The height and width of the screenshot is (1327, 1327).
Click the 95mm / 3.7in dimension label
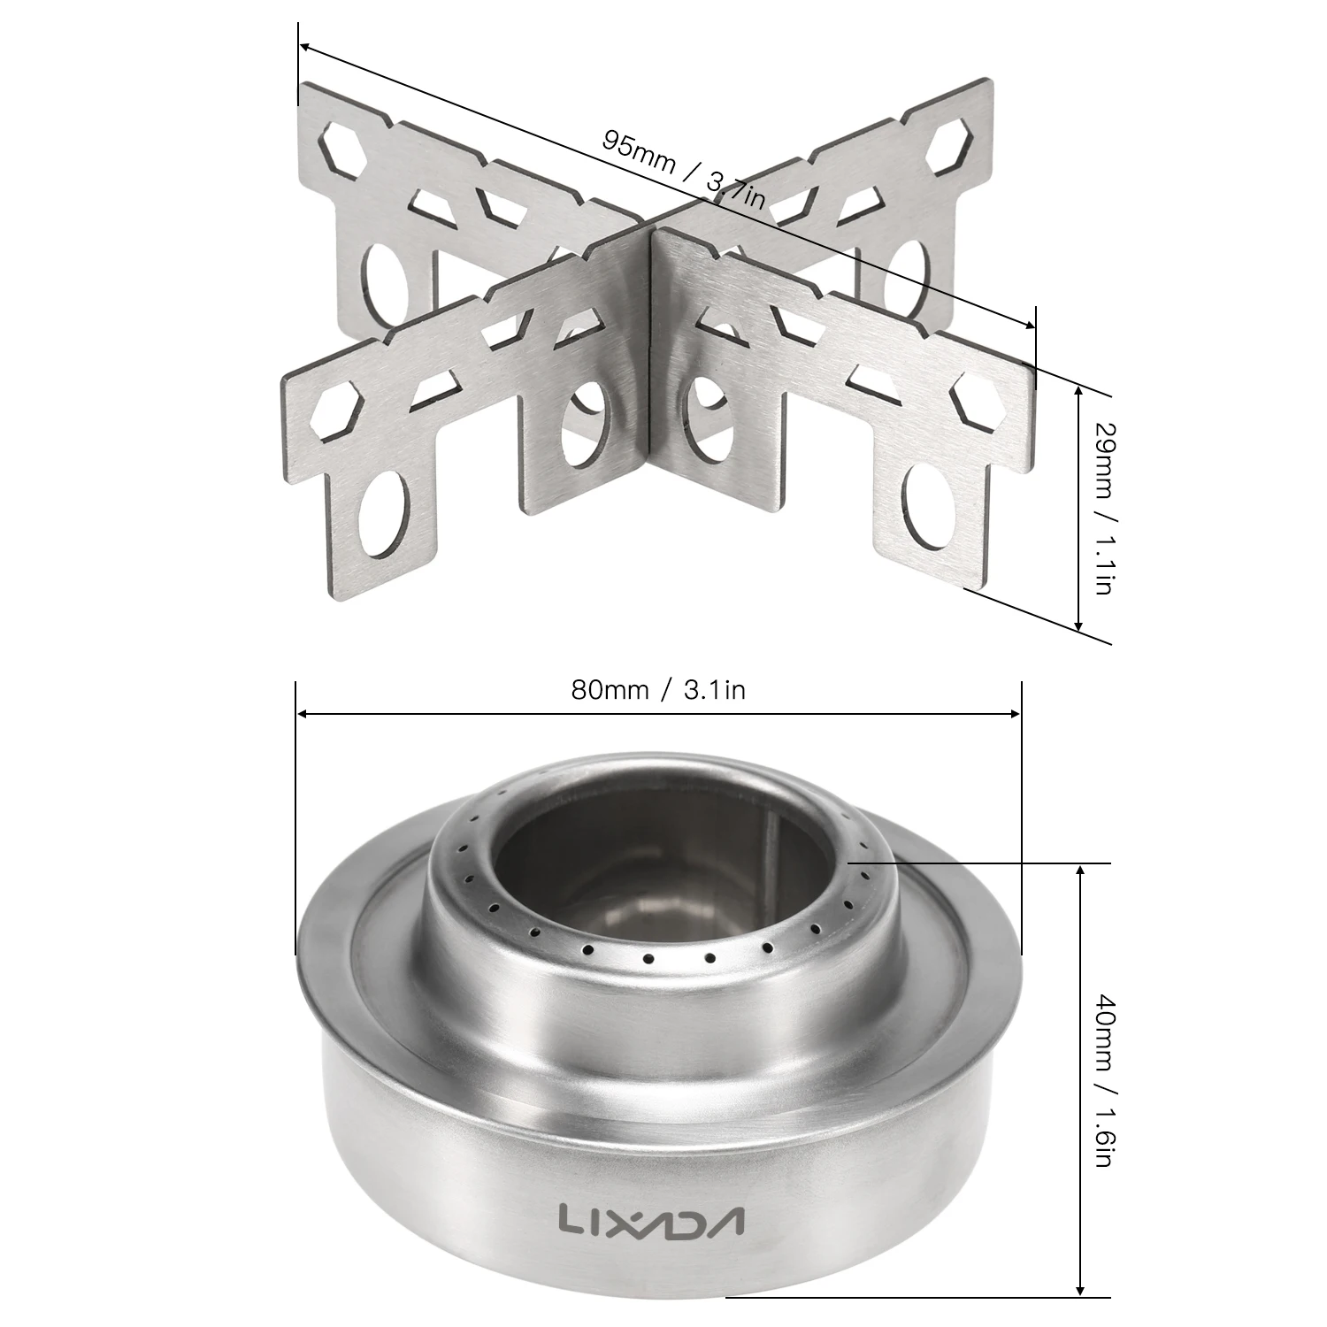coord(683,167)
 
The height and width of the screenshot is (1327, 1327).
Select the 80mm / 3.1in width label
coord(657,690)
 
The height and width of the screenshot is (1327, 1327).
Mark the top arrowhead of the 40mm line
coord(1078,872)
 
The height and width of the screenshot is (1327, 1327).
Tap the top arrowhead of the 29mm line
coord(1078,390)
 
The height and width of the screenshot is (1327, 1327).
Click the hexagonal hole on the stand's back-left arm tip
coord(341,147)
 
